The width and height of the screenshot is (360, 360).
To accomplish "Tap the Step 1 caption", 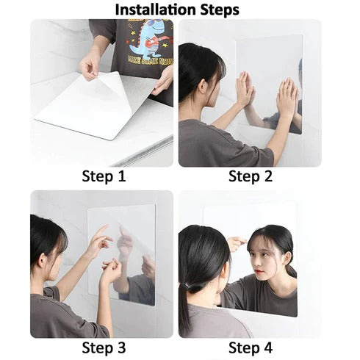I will tap(103, 176).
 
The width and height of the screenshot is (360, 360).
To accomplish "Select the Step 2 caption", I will tap(250, 176).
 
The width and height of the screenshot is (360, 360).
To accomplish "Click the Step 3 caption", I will tap(103, 348).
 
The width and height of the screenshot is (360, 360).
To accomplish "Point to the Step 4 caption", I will tap(250, 348).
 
